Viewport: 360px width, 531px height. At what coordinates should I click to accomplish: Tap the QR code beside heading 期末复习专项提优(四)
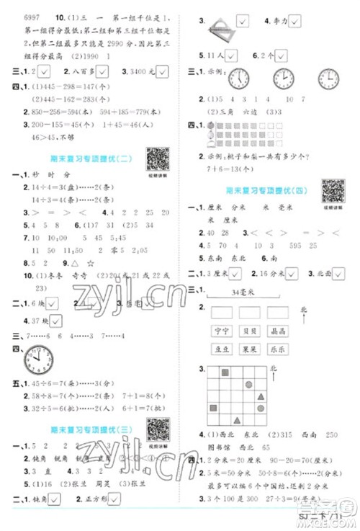[332, 191]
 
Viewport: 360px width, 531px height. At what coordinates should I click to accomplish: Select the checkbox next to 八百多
[103, 71]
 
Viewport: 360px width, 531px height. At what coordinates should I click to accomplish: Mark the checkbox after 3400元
[166, 71]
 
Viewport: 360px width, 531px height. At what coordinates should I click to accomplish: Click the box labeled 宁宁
[221, 331]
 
